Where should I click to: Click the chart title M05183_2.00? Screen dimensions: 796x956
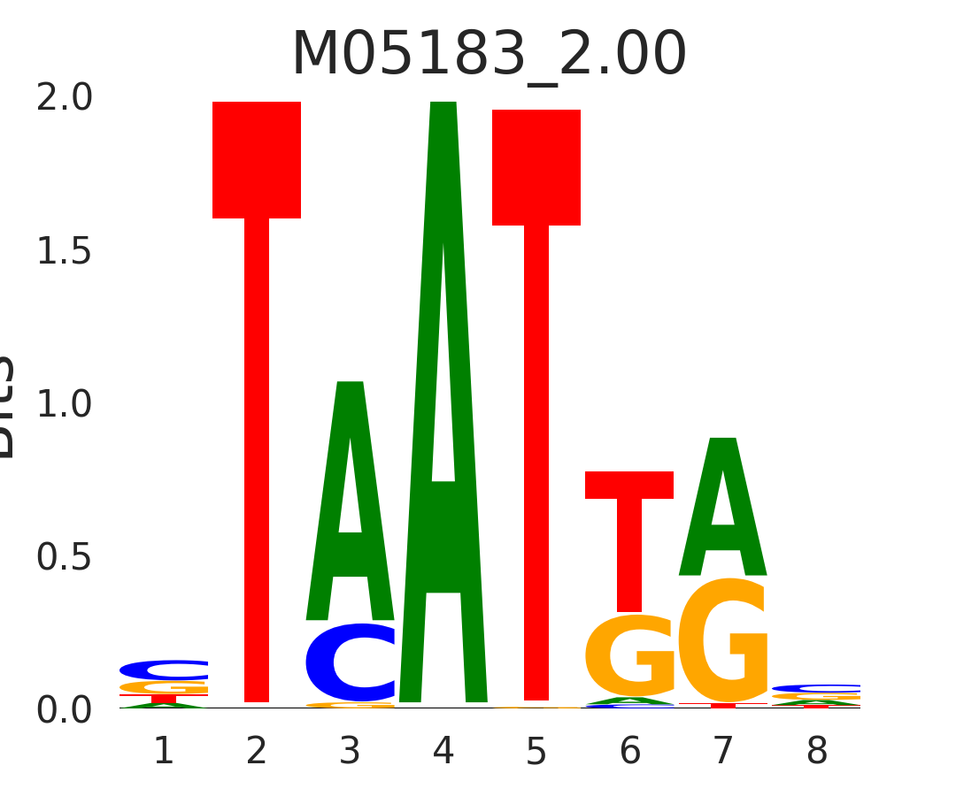489,55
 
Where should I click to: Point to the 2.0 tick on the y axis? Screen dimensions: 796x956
65,99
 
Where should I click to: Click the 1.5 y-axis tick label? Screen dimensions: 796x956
65,252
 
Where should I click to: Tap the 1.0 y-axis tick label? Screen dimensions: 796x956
65,405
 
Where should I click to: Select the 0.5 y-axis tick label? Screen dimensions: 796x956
65,558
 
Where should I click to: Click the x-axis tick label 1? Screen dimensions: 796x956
164,752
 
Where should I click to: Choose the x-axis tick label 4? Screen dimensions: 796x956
443,752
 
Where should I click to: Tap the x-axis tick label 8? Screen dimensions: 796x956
816,752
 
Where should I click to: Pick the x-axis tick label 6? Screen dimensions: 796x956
630,752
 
